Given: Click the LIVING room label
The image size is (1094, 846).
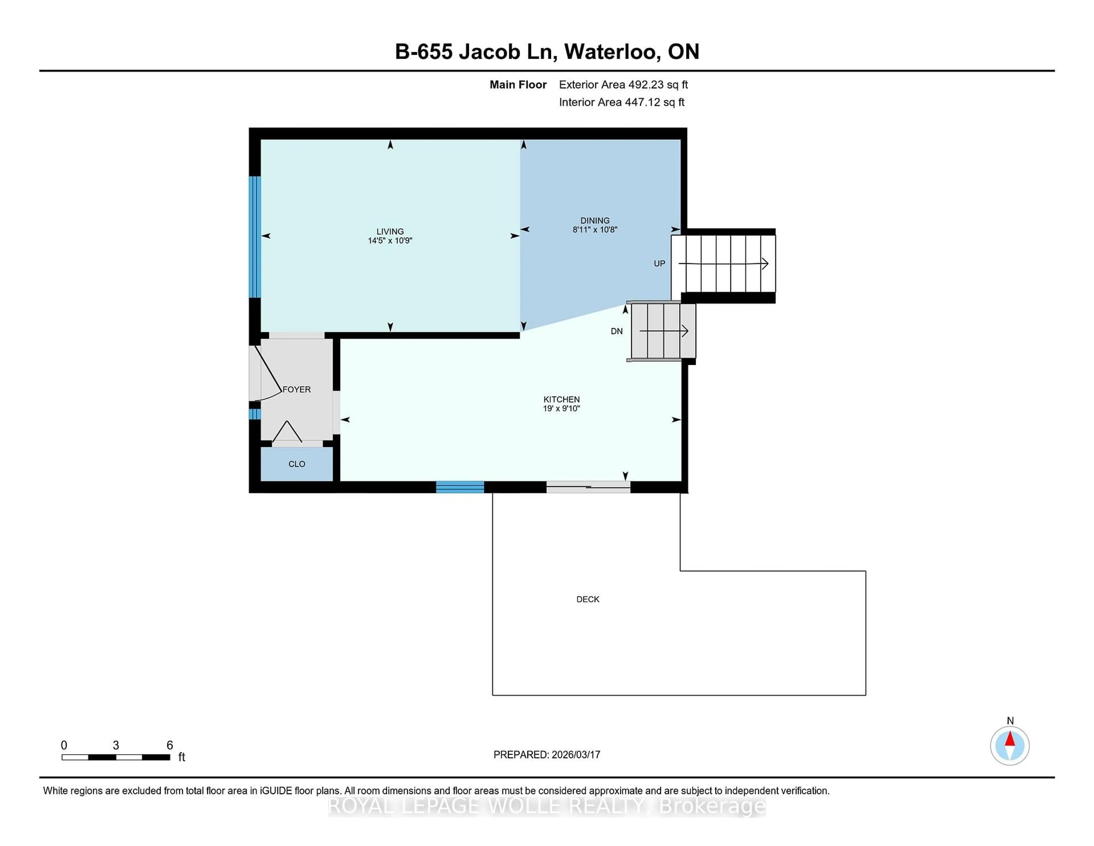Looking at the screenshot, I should (x=390, y=231).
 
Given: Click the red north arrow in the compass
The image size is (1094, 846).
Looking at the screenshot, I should (x=1010, y=739).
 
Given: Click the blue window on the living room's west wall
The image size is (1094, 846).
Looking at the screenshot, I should (x=255, y=237).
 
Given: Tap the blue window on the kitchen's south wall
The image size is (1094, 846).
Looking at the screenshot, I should (x=460, y=487).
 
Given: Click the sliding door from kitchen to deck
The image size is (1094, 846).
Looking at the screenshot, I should (x=588, y=487).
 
